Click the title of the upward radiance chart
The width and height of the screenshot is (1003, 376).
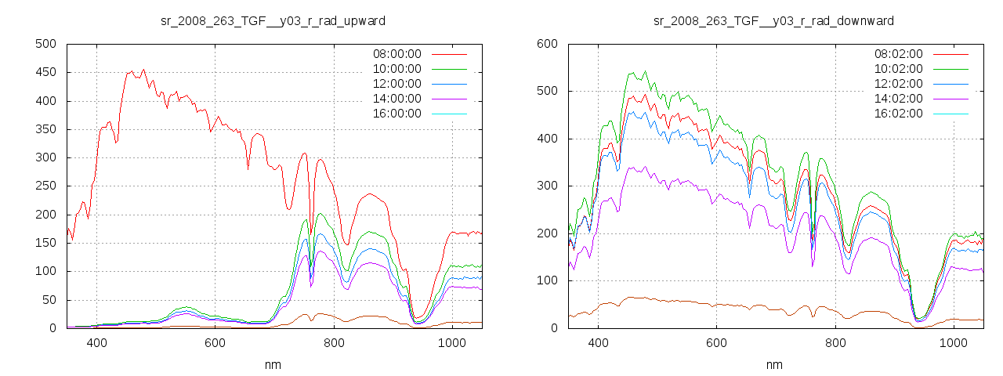click(x=273, y=20)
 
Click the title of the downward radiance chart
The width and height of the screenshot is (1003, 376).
click(x=774, y=20)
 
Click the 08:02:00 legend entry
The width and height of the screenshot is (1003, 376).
click(x=898, y=54)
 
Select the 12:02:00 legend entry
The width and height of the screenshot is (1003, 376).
click(x=898, y=84)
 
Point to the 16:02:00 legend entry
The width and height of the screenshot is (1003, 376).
click(x=898, y=114)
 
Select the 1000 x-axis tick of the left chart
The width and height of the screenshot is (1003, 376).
click(x=451, y=343)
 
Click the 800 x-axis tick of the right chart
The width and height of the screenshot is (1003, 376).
click(x=835, y=343)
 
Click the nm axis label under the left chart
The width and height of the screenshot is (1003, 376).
click(x=273, y=364)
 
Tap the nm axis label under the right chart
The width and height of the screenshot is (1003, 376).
click(x=774, y=364)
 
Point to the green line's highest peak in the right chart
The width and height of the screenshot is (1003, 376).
click(x=645, y=71)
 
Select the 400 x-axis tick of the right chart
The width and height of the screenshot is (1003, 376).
click(x=598, y=343)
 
